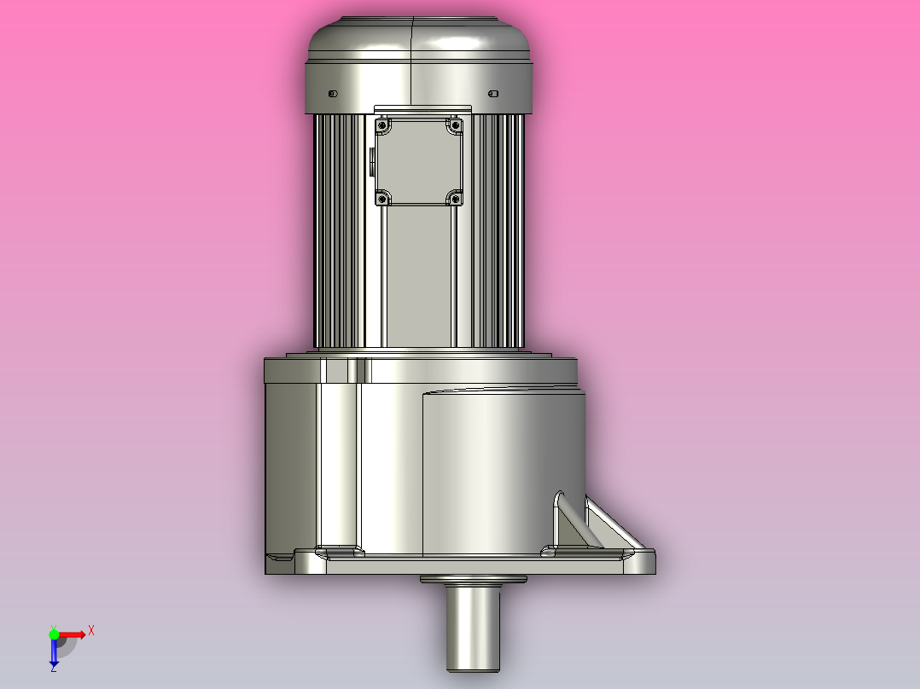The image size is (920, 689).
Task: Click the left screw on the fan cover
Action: (333, 93)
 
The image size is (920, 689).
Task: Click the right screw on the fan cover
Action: (492, 93)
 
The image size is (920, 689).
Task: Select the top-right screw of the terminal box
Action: (455, 125)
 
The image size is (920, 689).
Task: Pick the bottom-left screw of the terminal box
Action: (383, 199)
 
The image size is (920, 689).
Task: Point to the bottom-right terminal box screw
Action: (455, 199)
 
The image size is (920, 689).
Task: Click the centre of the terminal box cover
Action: (419, 162)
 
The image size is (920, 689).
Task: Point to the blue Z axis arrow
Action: (54, 653)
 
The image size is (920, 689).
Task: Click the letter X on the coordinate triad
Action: (91, 630)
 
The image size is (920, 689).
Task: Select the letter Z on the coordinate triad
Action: (53, 669)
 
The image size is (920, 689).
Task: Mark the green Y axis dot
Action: (54, 634)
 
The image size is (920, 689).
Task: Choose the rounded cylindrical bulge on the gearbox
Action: (504, 469)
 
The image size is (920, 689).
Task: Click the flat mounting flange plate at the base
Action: (461, 565)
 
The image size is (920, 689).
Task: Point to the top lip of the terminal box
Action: (422, 109)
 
